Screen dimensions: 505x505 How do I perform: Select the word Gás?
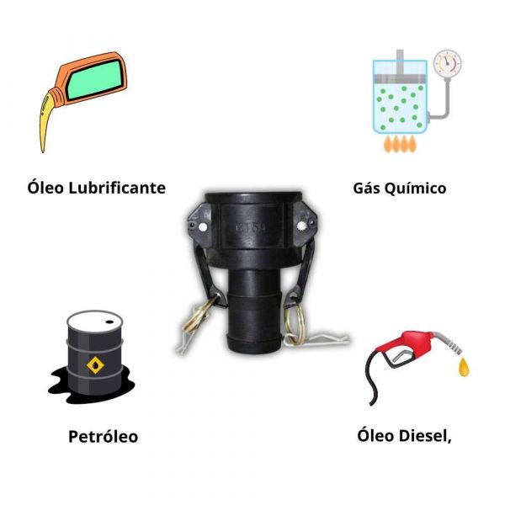click(369, 187)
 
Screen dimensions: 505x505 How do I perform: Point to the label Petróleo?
click(103, 437)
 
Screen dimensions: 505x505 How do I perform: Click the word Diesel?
click(427, 435)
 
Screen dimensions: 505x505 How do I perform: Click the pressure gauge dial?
click(447, 62)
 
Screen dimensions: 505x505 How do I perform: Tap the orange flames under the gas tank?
click(400, 144)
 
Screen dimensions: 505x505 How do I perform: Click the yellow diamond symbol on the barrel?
click(95, 364)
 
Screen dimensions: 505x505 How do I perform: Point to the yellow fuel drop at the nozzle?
click(464, 368)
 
